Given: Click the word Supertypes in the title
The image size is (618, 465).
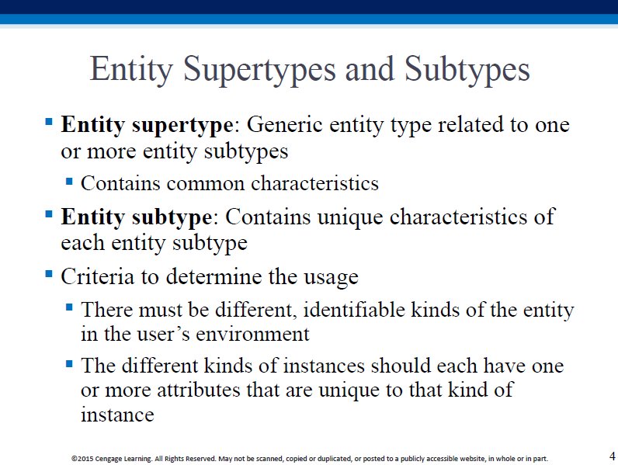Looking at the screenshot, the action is click(x=260, y=70).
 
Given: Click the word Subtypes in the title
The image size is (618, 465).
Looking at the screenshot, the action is click(x=467, y=69).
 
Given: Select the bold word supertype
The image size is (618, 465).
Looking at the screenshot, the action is click(x=183, y=126).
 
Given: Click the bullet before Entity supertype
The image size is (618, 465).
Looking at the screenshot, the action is click(x=49, y=120).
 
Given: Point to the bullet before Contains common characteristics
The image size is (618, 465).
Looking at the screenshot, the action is click(x=69, y=182).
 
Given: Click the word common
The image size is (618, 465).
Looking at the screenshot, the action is click(x=205, y=184).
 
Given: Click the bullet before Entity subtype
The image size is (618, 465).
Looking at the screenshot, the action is click(x=49, y=214).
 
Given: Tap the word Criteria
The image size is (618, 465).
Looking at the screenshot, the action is click(x=97, y=276).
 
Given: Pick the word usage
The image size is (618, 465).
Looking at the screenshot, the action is click(x=331, y=278).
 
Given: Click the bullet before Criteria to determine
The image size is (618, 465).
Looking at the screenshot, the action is click(x=49, y=273).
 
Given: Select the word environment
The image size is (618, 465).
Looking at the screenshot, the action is click(x=252, y=335).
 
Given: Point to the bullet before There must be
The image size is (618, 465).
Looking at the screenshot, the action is click(x=69, y=307).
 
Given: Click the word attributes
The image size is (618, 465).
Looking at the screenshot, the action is click(x=198, y=390).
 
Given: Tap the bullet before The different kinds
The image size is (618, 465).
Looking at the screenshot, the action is click(x=69, y=363).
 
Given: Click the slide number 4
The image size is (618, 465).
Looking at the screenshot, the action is click(x=612, y=456).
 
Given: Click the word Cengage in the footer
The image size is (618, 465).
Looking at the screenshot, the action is click(x=109, y=459).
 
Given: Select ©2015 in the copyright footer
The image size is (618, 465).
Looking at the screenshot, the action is click(x=82, y=459).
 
